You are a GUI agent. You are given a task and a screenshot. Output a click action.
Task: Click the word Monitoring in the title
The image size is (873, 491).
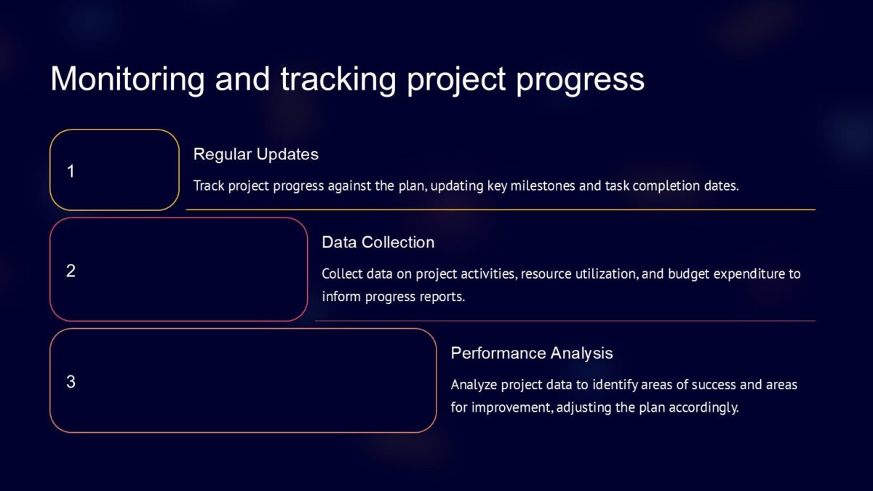click(x=127, y=79)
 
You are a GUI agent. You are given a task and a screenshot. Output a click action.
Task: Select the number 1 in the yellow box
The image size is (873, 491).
click(x=71, y=172)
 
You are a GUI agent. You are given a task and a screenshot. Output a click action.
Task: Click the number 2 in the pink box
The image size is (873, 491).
click(x=71, y=271)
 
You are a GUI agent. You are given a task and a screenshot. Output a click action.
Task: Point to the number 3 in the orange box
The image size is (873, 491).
click(x=71, y=381)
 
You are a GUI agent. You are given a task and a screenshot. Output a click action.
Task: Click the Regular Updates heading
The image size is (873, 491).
click(x=255, y=154)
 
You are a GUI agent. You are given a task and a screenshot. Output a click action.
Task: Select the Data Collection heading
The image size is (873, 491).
click(x=378, y=242)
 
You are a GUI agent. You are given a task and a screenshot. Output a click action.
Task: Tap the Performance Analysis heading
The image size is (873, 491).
click(x=531, y=353)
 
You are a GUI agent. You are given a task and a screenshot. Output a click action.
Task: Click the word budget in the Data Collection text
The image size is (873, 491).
click(x=688, y=274)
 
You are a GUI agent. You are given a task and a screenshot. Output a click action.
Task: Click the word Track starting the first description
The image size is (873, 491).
click(x=209, y=185)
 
